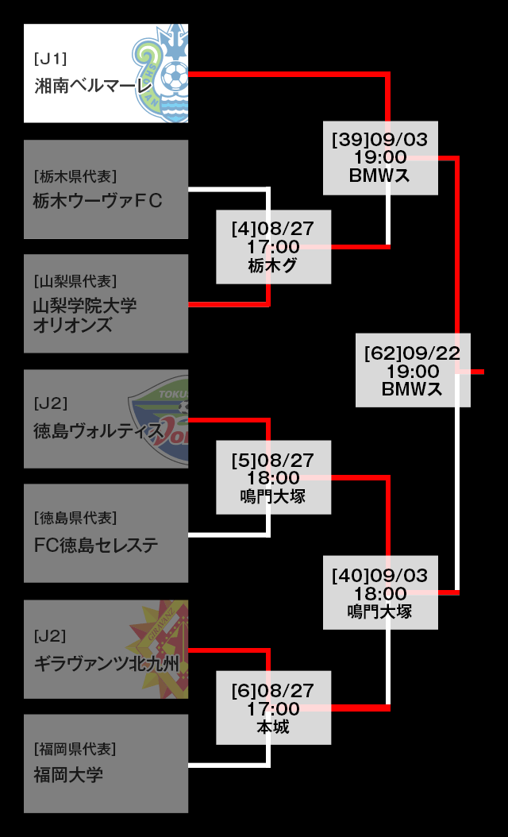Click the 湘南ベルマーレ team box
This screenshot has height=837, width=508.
106,74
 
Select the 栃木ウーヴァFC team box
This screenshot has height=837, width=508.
106,190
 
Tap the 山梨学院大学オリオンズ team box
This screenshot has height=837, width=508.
106,304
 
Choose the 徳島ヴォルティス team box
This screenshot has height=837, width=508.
106,419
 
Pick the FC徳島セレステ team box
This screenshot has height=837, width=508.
106,534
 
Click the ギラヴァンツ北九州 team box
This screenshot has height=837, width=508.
106,650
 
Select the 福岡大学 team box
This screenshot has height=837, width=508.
106,764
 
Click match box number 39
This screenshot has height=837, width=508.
380,157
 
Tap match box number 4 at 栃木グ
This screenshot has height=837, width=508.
274,247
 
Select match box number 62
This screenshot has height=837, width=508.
413,370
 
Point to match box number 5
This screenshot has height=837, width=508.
274,477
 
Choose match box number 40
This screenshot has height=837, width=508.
380,592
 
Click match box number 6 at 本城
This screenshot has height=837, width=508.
274,708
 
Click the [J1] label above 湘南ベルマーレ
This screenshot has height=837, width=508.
50,59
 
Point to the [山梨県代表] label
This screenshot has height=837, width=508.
75,281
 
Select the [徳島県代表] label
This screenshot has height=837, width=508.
75,519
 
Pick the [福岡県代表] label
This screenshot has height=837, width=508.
75,749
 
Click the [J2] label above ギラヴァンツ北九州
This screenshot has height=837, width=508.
50,636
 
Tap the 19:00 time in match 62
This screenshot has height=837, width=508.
413,371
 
